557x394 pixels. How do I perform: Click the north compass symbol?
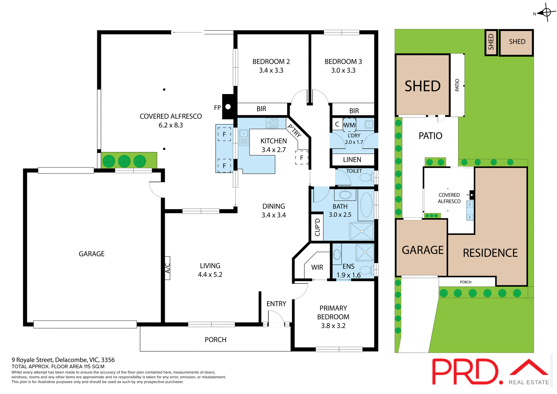pos(546,12)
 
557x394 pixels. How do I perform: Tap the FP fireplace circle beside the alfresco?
pos(228,107)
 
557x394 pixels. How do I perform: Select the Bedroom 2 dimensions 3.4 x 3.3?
pos(271,71)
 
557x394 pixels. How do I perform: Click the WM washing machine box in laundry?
pos(349,125)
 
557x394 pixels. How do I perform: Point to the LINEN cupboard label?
pos(352,160)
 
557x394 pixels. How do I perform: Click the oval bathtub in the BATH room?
pos(366,205)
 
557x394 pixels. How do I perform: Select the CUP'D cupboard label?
pos(317,227)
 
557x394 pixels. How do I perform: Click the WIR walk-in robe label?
pos(317,267)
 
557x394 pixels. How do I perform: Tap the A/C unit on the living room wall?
pos(167,268)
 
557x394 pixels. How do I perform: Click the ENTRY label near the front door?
pos(276,304)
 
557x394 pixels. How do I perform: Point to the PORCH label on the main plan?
pos(215,340)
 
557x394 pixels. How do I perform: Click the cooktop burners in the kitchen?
pos(272,123)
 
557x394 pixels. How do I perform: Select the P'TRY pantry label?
pos(294,131)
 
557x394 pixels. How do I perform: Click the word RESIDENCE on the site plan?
pos(490,253)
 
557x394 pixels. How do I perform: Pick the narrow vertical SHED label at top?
pos(491,42)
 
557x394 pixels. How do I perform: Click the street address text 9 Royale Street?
pos(63,360)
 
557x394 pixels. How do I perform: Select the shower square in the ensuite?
pos(365,252)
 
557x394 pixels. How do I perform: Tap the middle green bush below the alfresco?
pos(124,161)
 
